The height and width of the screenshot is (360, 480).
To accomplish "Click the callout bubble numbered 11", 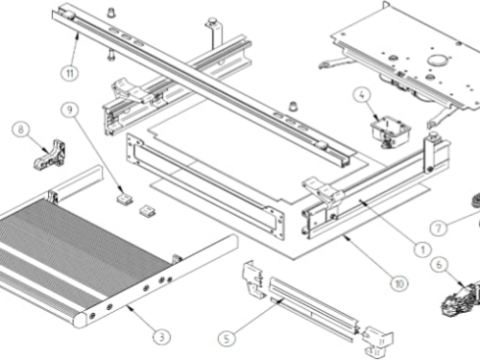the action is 70,73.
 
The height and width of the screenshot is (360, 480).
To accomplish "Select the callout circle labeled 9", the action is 70,109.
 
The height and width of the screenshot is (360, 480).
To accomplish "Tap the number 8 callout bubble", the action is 21,130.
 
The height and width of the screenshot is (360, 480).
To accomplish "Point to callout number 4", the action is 362,95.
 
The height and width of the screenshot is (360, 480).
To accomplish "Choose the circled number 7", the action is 439,228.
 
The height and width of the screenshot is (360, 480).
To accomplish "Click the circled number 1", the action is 422,250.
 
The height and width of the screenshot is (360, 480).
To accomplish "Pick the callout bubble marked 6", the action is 439,265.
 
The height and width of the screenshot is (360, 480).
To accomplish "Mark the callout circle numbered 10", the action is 399,283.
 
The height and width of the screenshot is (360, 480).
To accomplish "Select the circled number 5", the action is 227,338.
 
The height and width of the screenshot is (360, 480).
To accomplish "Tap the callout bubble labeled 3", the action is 161,337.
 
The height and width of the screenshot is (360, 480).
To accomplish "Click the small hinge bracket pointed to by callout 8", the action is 51,155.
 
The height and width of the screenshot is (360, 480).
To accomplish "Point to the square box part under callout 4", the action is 391,131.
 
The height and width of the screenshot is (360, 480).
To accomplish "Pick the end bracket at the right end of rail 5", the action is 378,342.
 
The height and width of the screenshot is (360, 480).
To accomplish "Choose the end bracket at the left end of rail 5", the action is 254,279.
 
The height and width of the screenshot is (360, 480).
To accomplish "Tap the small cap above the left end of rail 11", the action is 111,12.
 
